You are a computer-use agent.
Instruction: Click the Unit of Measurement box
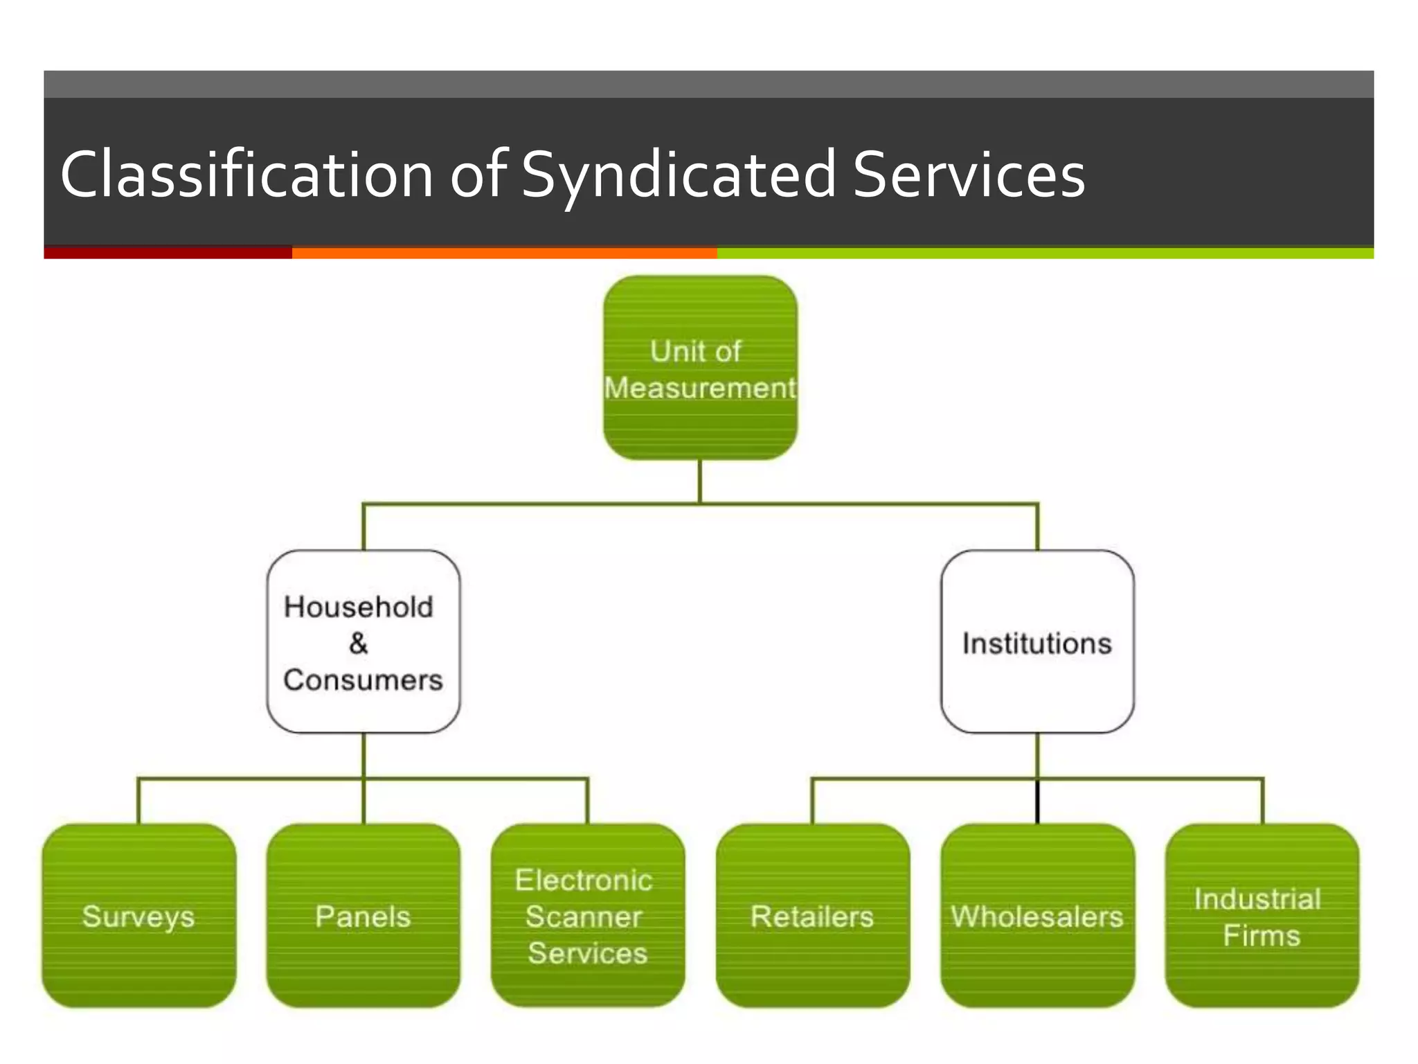[x=700, y=368]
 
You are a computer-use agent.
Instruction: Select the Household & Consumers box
[x=364, y=641]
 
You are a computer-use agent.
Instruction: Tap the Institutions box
[x=1037, y=641]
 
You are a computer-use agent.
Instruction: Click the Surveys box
[x=138, y=915]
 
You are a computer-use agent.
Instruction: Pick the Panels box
[x=364, y=915]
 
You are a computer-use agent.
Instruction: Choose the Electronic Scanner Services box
[x=588, y=915]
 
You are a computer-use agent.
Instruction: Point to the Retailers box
[x=812, y=915]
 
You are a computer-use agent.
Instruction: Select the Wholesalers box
[x=1037, y=915]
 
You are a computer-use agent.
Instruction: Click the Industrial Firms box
[x=1262, y=915]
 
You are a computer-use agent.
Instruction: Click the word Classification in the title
[x=246, y=175]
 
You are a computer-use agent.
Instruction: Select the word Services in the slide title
[x=968, y=175]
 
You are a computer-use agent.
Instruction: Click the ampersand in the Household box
[x=359, y=643]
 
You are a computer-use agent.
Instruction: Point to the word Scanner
[x=584, y=916]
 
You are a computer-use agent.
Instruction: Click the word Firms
[x=1262, y=935]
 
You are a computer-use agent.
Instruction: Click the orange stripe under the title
[x=504, y=253]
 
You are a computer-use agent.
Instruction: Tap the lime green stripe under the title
[x=1044, y=253]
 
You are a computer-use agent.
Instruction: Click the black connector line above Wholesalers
[x=1037, y=802]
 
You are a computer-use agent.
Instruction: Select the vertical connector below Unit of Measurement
[x=700, y=481]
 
